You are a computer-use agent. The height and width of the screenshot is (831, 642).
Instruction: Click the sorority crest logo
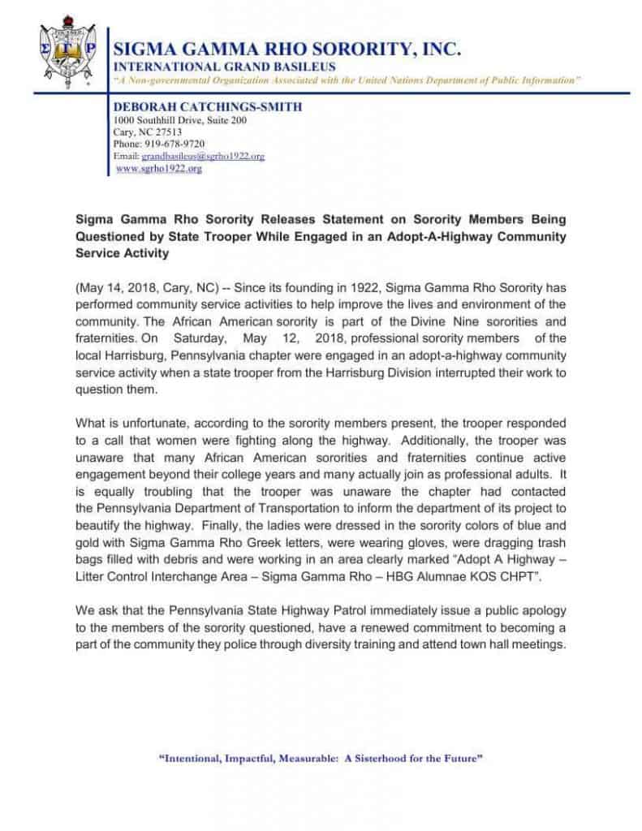[67, 53]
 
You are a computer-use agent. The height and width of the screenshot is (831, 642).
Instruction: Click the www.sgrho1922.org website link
[159, 168]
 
